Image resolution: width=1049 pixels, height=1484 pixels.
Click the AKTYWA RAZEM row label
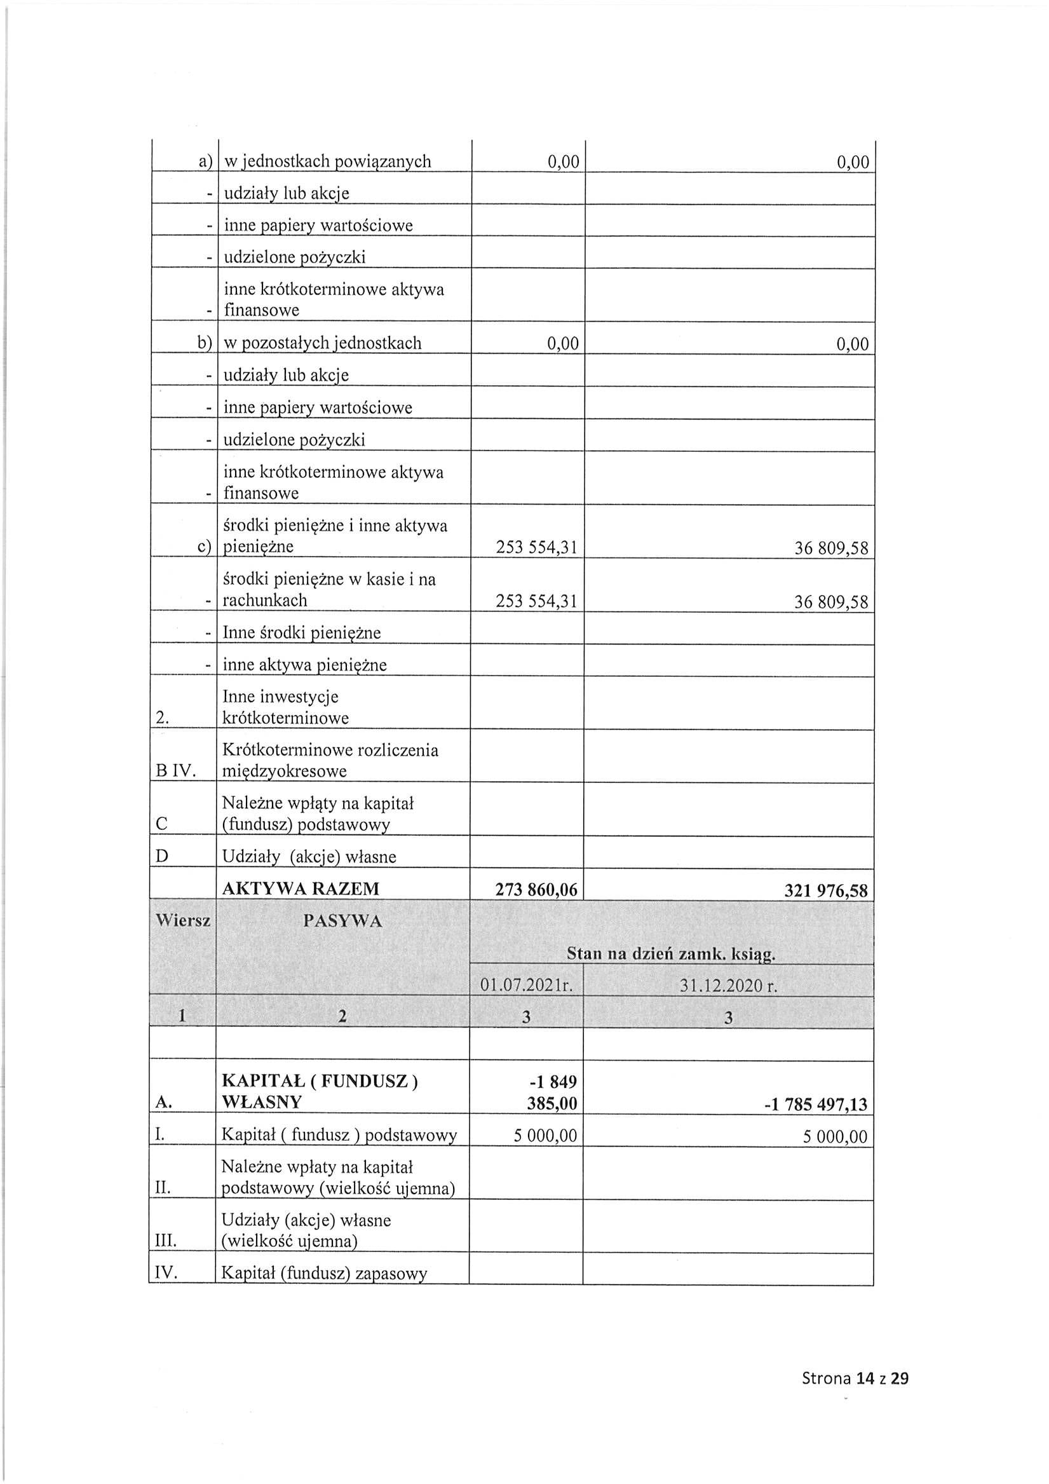tap(301, 888)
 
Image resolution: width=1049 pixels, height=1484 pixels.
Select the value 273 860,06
tap(536, 890)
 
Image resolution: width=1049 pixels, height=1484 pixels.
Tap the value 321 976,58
tap(825, 890)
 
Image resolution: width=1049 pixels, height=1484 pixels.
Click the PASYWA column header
tap(342, 921)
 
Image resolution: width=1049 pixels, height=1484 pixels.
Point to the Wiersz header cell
tap(183, 920)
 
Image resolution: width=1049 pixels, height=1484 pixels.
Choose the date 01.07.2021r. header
tap(526, 986)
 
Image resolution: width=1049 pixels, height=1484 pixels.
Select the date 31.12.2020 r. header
tap(728, 986)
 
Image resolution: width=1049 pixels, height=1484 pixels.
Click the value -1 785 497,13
tap(816, 1105)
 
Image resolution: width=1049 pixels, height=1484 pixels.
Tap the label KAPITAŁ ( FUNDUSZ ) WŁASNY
tap(320, 1092)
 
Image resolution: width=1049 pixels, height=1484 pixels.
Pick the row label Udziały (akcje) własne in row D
tap(309, 857)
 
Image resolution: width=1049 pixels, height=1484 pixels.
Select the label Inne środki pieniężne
tap(301, 633)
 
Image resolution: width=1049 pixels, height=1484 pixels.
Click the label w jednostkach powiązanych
tap(327, 161)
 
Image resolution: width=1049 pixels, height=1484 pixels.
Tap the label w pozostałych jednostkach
tap(322, 343)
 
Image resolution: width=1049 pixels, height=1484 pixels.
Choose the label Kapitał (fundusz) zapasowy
tap(324, 1273)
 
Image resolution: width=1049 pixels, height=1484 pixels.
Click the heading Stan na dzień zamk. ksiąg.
tap(671, 953)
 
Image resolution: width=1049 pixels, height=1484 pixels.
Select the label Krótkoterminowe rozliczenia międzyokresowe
tap(330, 760)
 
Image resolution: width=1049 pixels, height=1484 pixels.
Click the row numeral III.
tap(166, 1241)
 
